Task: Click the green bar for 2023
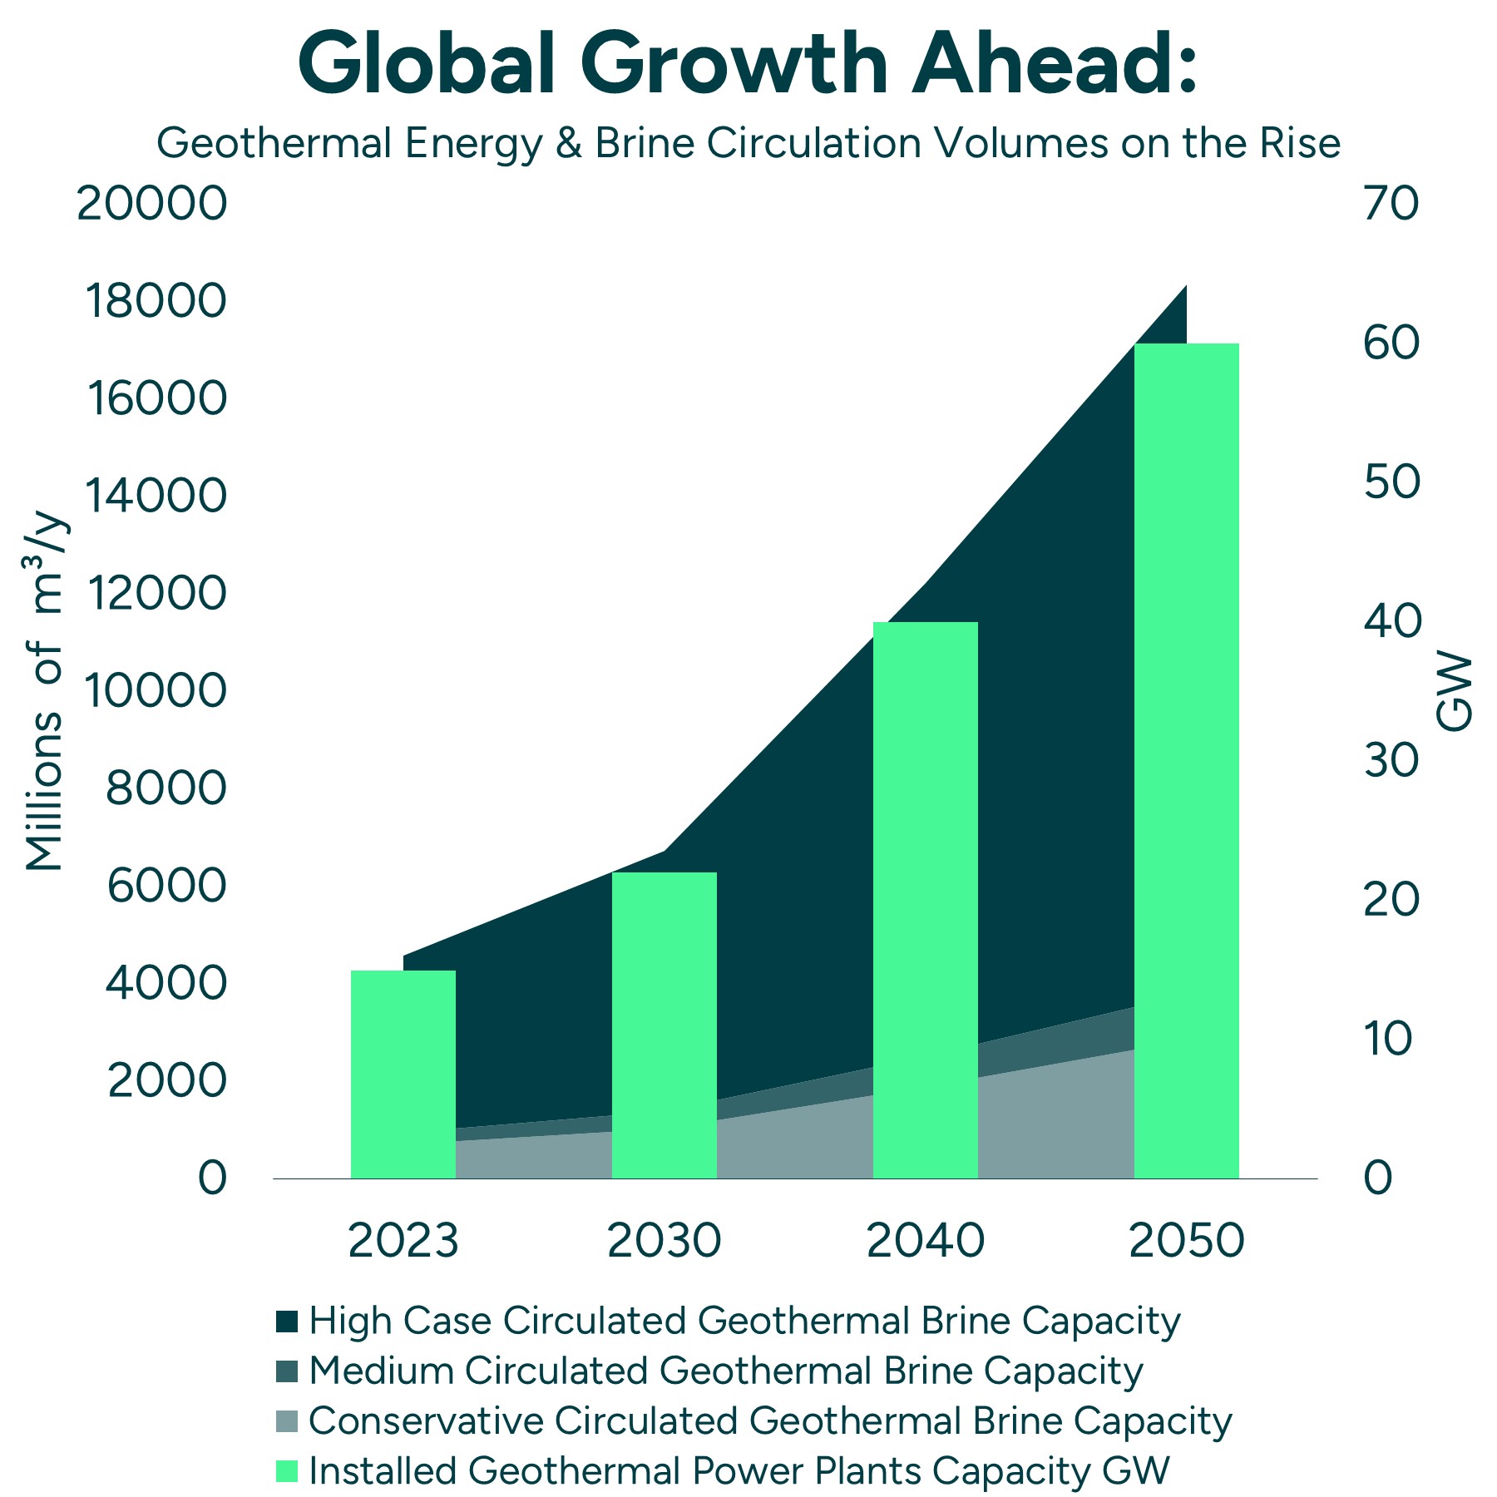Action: pyautogui.click(x=403, y=1075)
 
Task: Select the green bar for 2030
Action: pyautogui.click(x=664, y=1025)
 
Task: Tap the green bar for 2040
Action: pyautogui.click(x=925, y=900)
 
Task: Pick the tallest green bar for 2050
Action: pyautogui.click(x=1186, y=760)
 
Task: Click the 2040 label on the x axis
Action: pyautogui.click(x=925, y=1241)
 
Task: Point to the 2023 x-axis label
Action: pyautogui.click(x=403, y=1241)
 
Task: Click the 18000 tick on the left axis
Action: pyautogui.click(x=156, y=301)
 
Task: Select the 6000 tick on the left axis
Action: pyautogui.click(x=166, y=886)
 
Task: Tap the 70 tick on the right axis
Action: pyautogui.click(x=1391, y=204)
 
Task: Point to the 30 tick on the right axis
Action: pyautogui.click(x=1391, y=760)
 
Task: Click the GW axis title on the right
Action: pyautogui.click(x=1454, y=692)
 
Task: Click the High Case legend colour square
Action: pyautogui.click(x=287, y=1321)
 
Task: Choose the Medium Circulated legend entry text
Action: pyautogui.click(x=725, y=1371)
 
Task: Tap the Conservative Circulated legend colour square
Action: pyautogui.click(x=287, y=1420)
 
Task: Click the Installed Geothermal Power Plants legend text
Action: pyautogui.click(x=739, y=1470)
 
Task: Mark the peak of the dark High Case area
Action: pyautogui.click(x=1184, y=288)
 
